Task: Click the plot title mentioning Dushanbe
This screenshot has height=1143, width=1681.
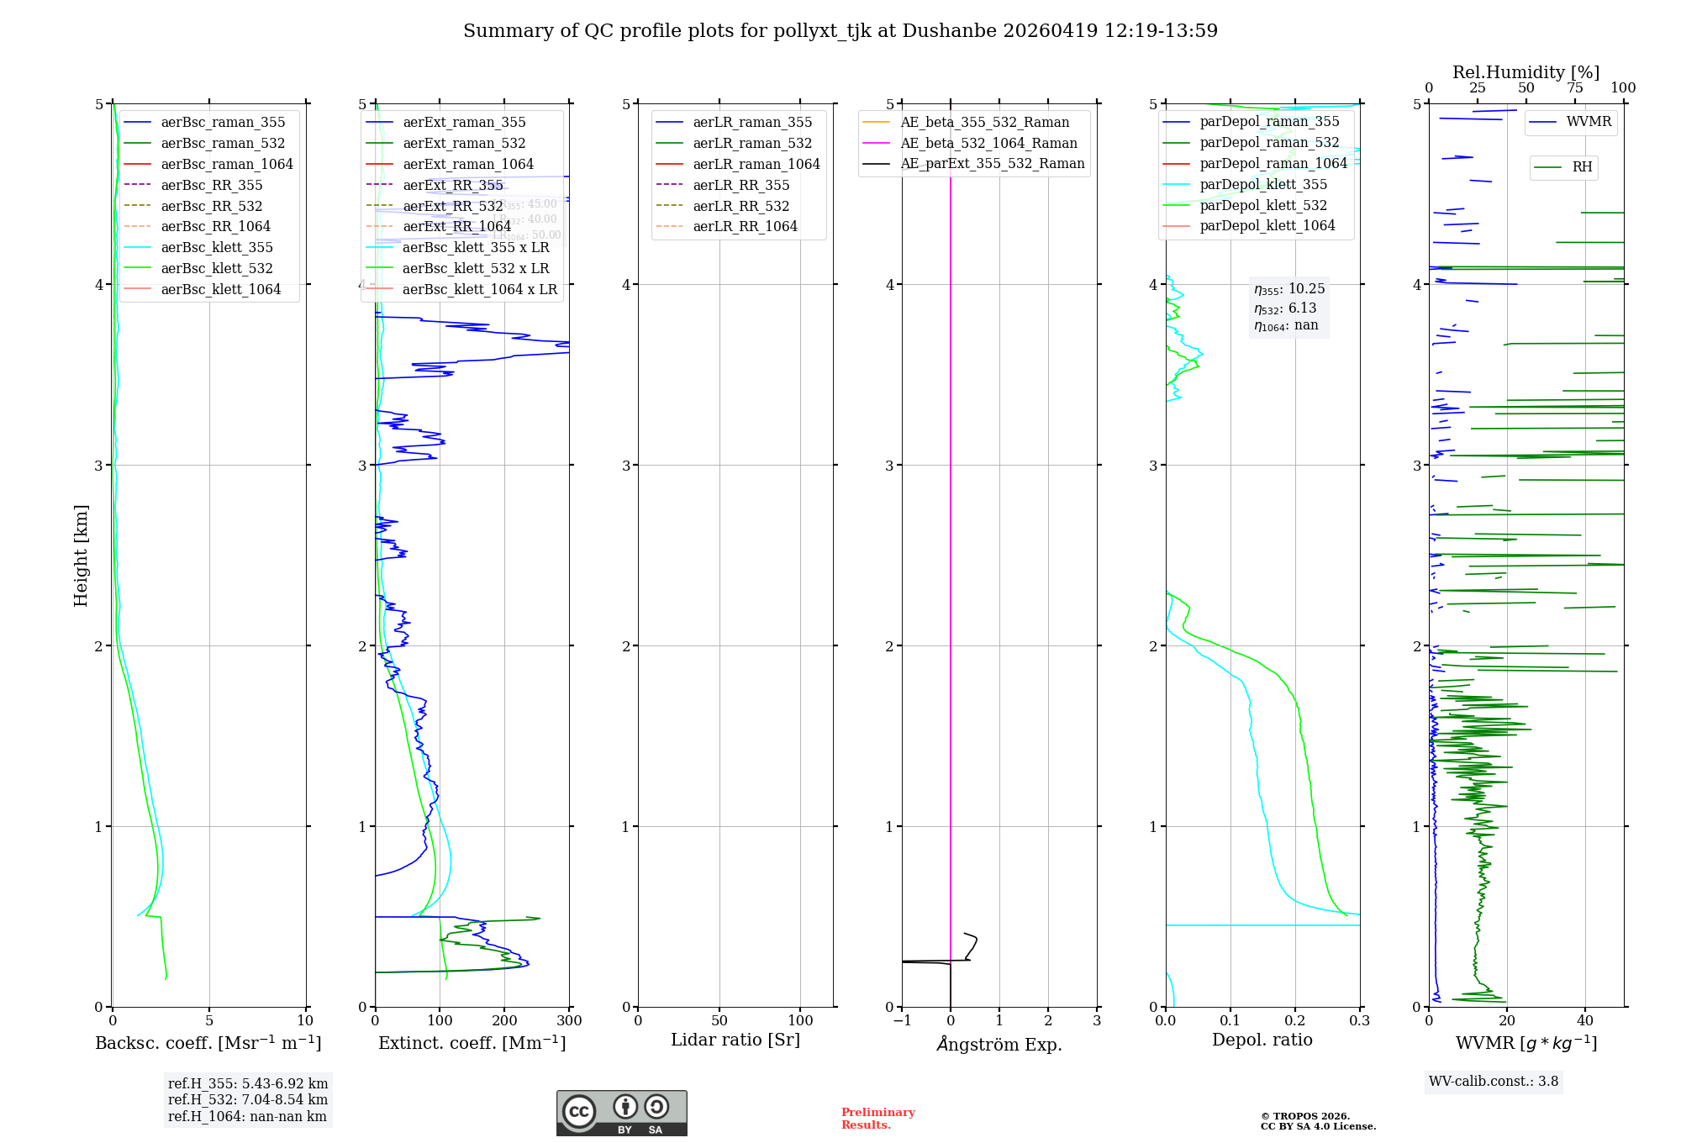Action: (840, 31)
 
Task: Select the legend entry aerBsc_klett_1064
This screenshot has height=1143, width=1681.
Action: (220, 289)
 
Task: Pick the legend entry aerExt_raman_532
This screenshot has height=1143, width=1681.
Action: (464, 143)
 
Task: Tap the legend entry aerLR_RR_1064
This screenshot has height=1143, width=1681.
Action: (745, 226)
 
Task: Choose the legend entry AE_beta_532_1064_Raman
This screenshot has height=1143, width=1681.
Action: (988, 143)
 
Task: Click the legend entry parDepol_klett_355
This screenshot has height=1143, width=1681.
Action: (1263, 184)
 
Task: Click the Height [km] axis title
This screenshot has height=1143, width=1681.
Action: (81, 555)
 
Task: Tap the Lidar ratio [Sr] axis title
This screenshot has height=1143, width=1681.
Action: (735, 1040)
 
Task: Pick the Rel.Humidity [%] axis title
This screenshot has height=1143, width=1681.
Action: (1526, 72)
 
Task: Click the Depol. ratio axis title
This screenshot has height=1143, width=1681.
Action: (1262, 1040)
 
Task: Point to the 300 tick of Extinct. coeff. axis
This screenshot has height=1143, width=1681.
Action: (569, 1020)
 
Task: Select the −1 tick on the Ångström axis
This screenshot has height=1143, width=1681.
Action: (902, 1020)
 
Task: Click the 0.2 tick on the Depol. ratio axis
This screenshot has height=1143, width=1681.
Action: (1295, 1020)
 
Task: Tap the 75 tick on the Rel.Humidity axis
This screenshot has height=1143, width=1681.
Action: (1574, 87)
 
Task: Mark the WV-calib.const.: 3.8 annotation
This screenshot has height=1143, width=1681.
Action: (1493, 1082)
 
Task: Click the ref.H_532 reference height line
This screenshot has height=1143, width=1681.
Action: (248, 1099)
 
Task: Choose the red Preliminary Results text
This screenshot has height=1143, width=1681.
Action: (877, 1118)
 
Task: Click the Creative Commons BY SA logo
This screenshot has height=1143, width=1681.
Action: (621, 1113)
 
